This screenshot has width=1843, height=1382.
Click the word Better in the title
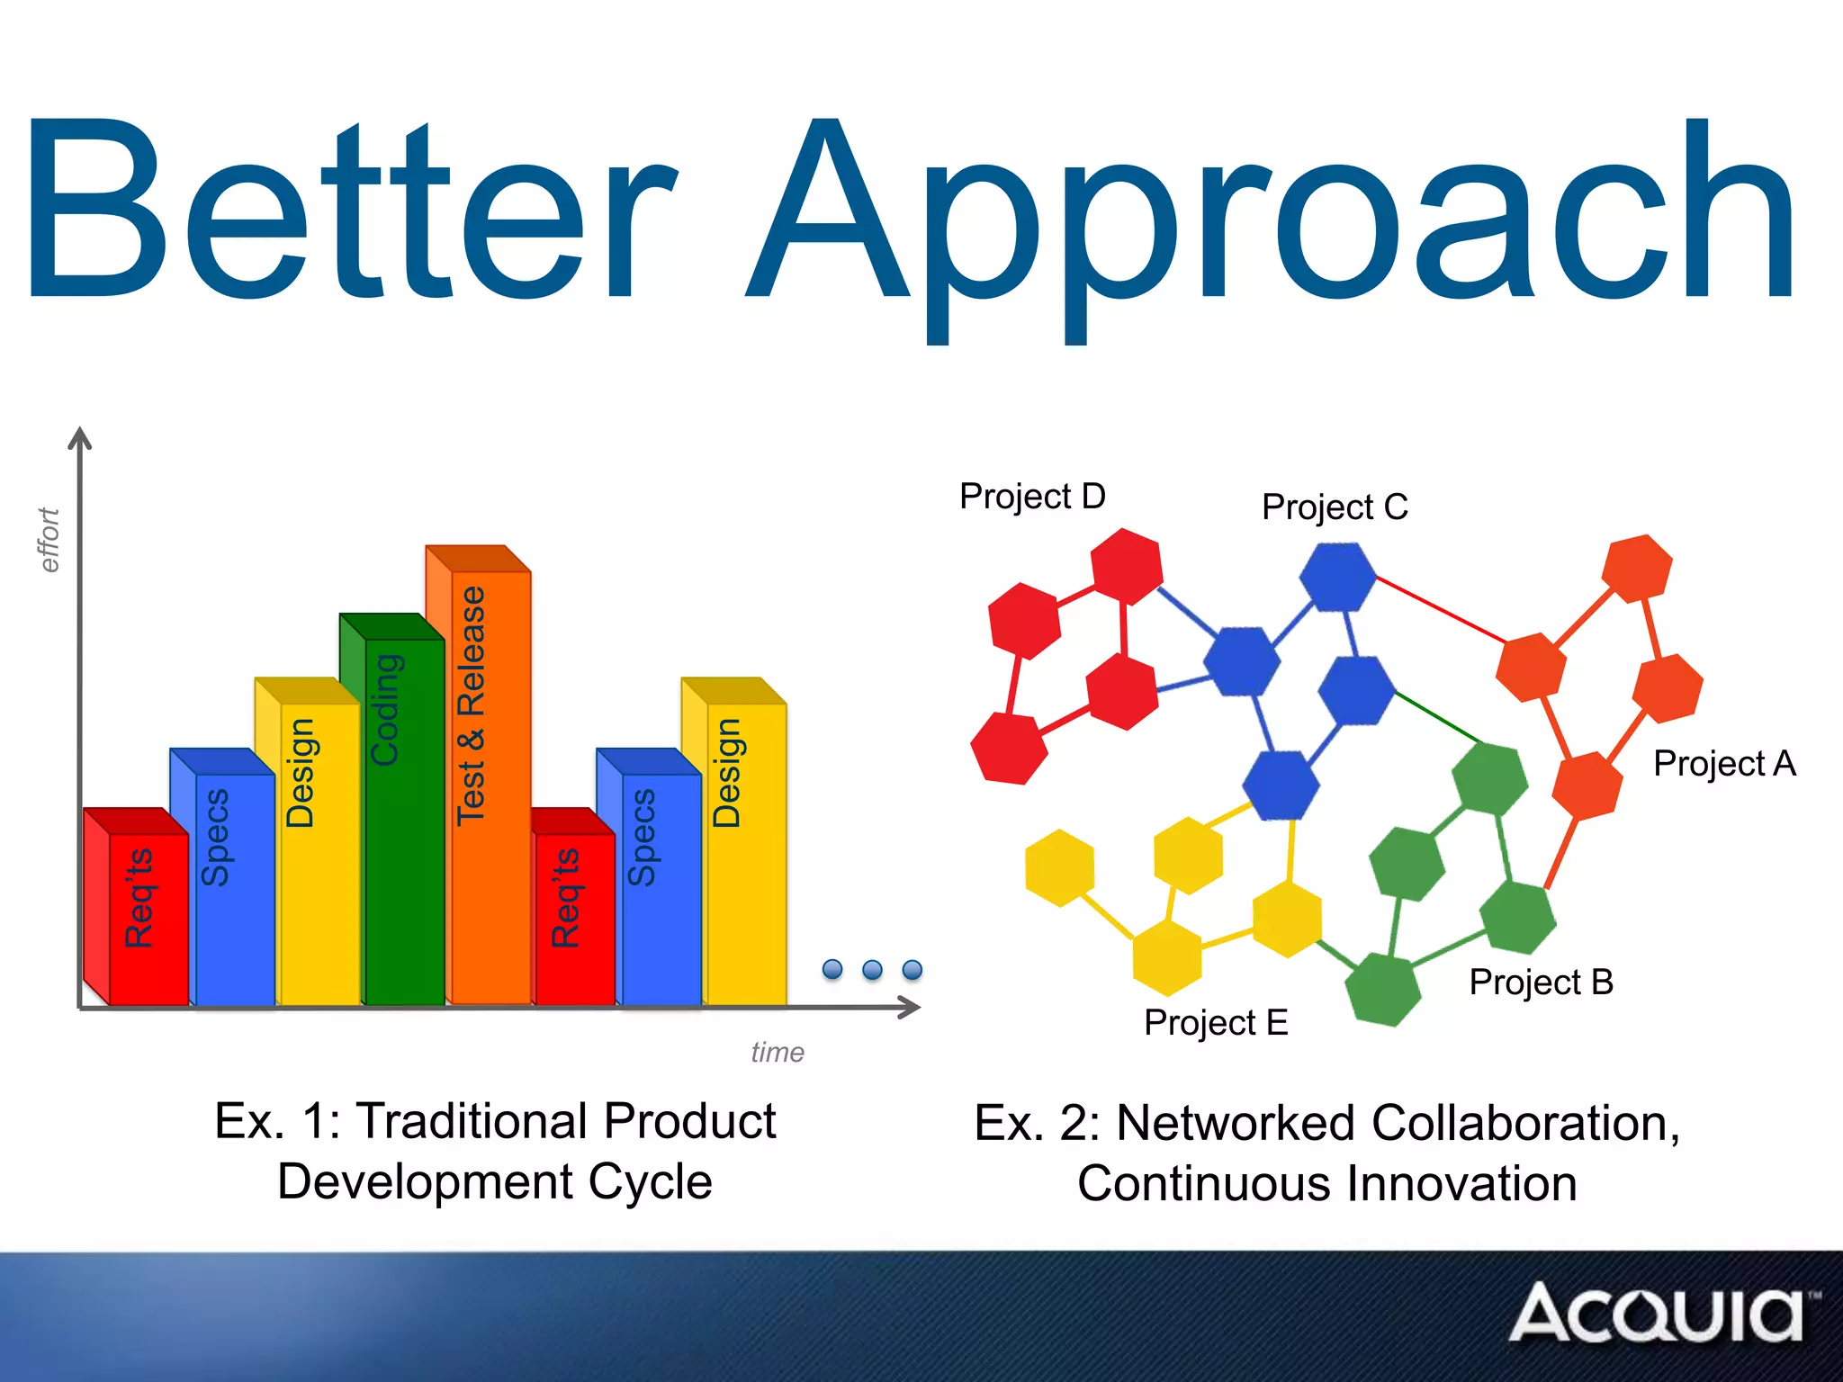351,211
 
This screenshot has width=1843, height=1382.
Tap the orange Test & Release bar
490,783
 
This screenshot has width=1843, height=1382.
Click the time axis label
778,1052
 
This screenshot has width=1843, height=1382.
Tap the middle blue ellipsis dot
872,970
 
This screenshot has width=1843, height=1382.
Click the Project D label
1032,497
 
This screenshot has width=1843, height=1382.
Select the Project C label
1335,507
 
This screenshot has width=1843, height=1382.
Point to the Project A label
1724,764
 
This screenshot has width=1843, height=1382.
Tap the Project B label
1541,983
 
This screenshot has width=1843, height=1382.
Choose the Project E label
1216,1023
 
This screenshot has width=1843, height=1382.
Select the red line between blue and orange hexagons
1440,609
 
